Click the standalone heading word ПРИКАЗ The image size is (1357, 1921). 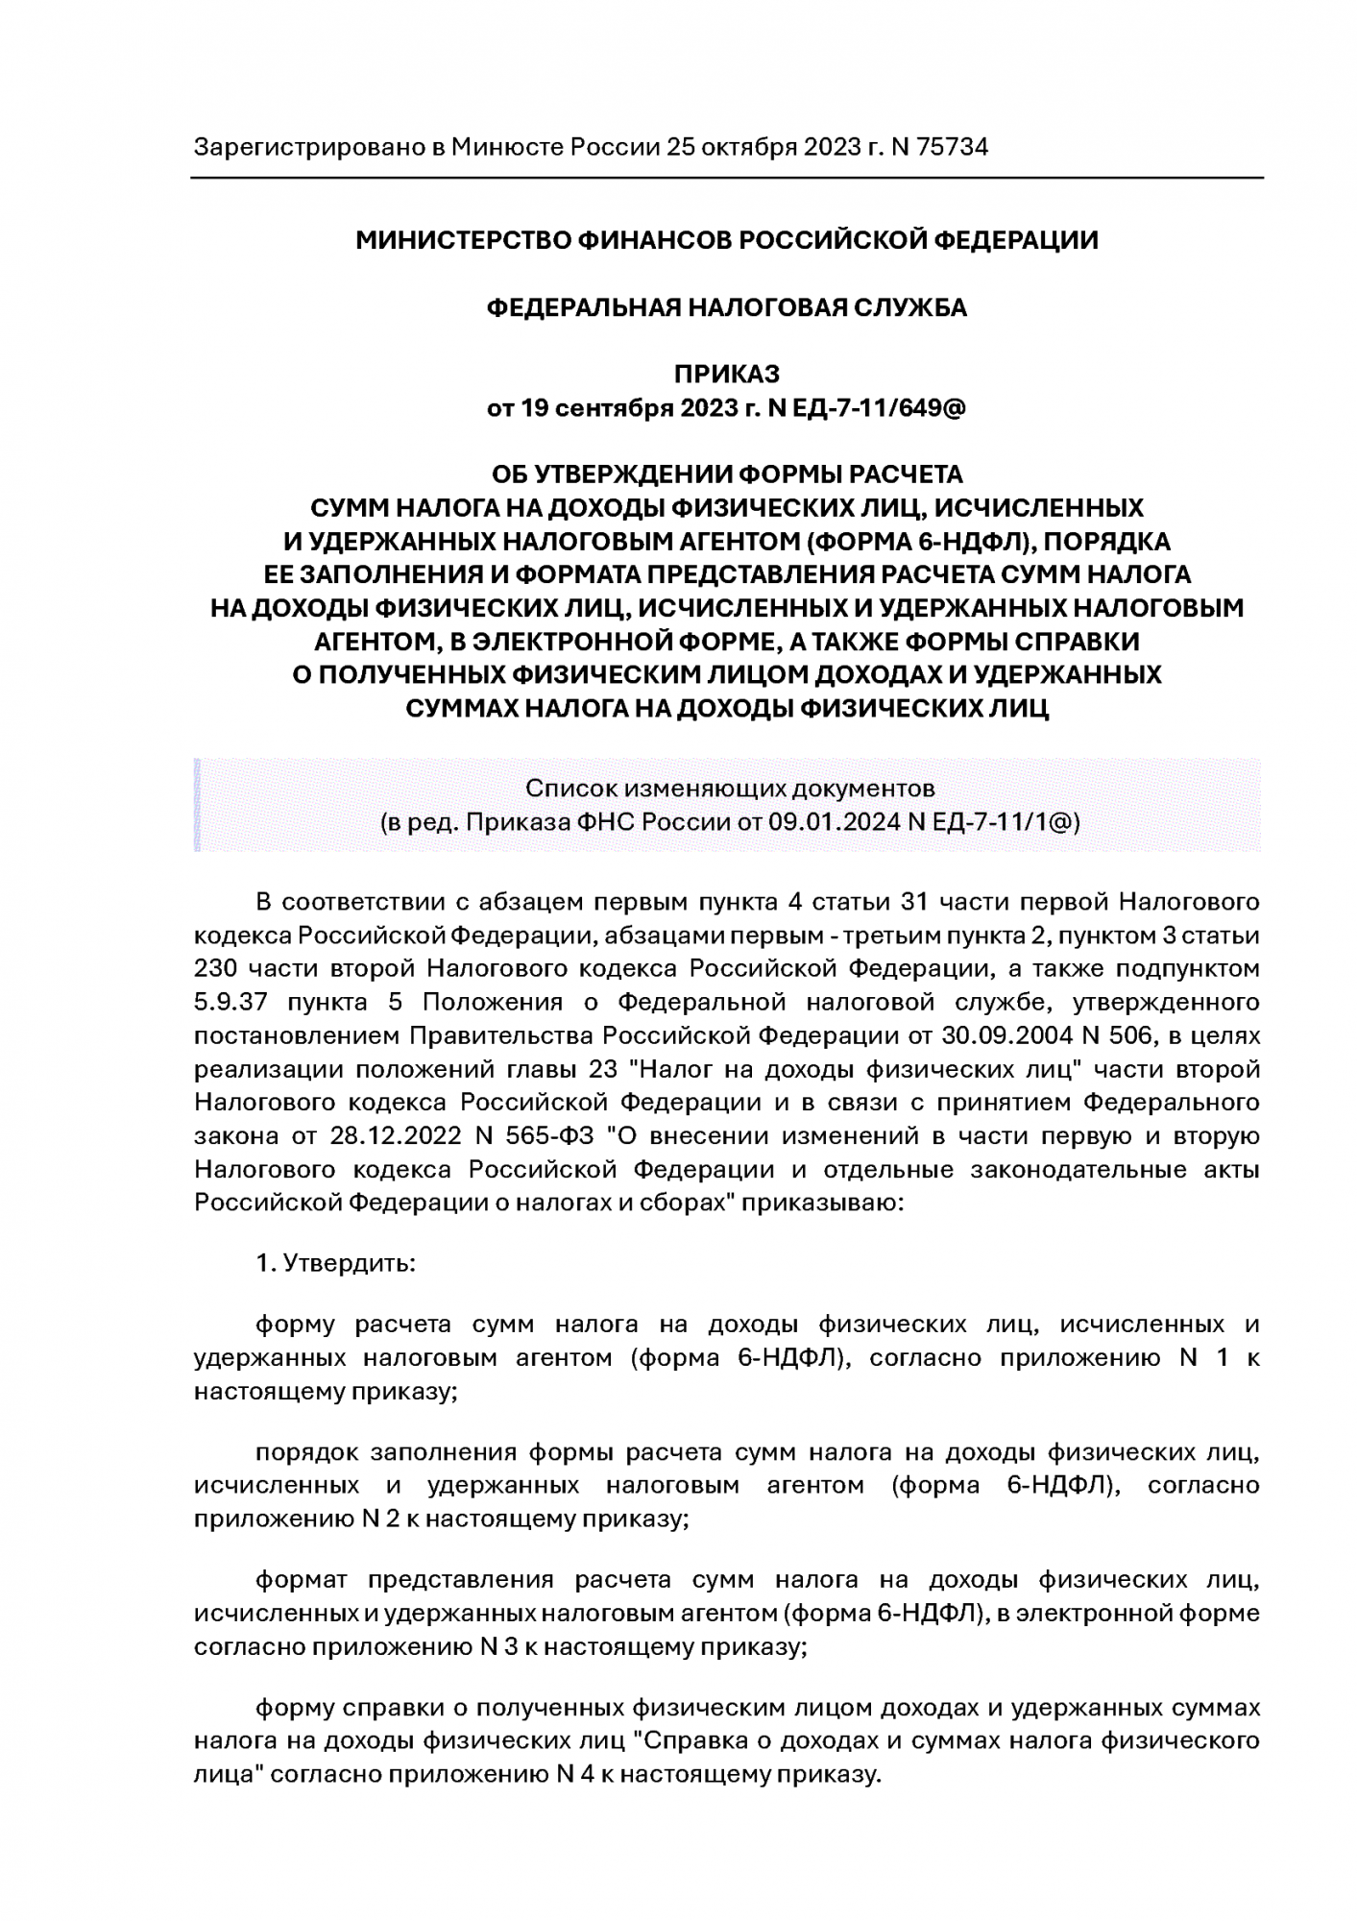[726, 374]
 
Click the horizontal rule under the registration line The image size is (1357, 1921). [726, 178]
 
